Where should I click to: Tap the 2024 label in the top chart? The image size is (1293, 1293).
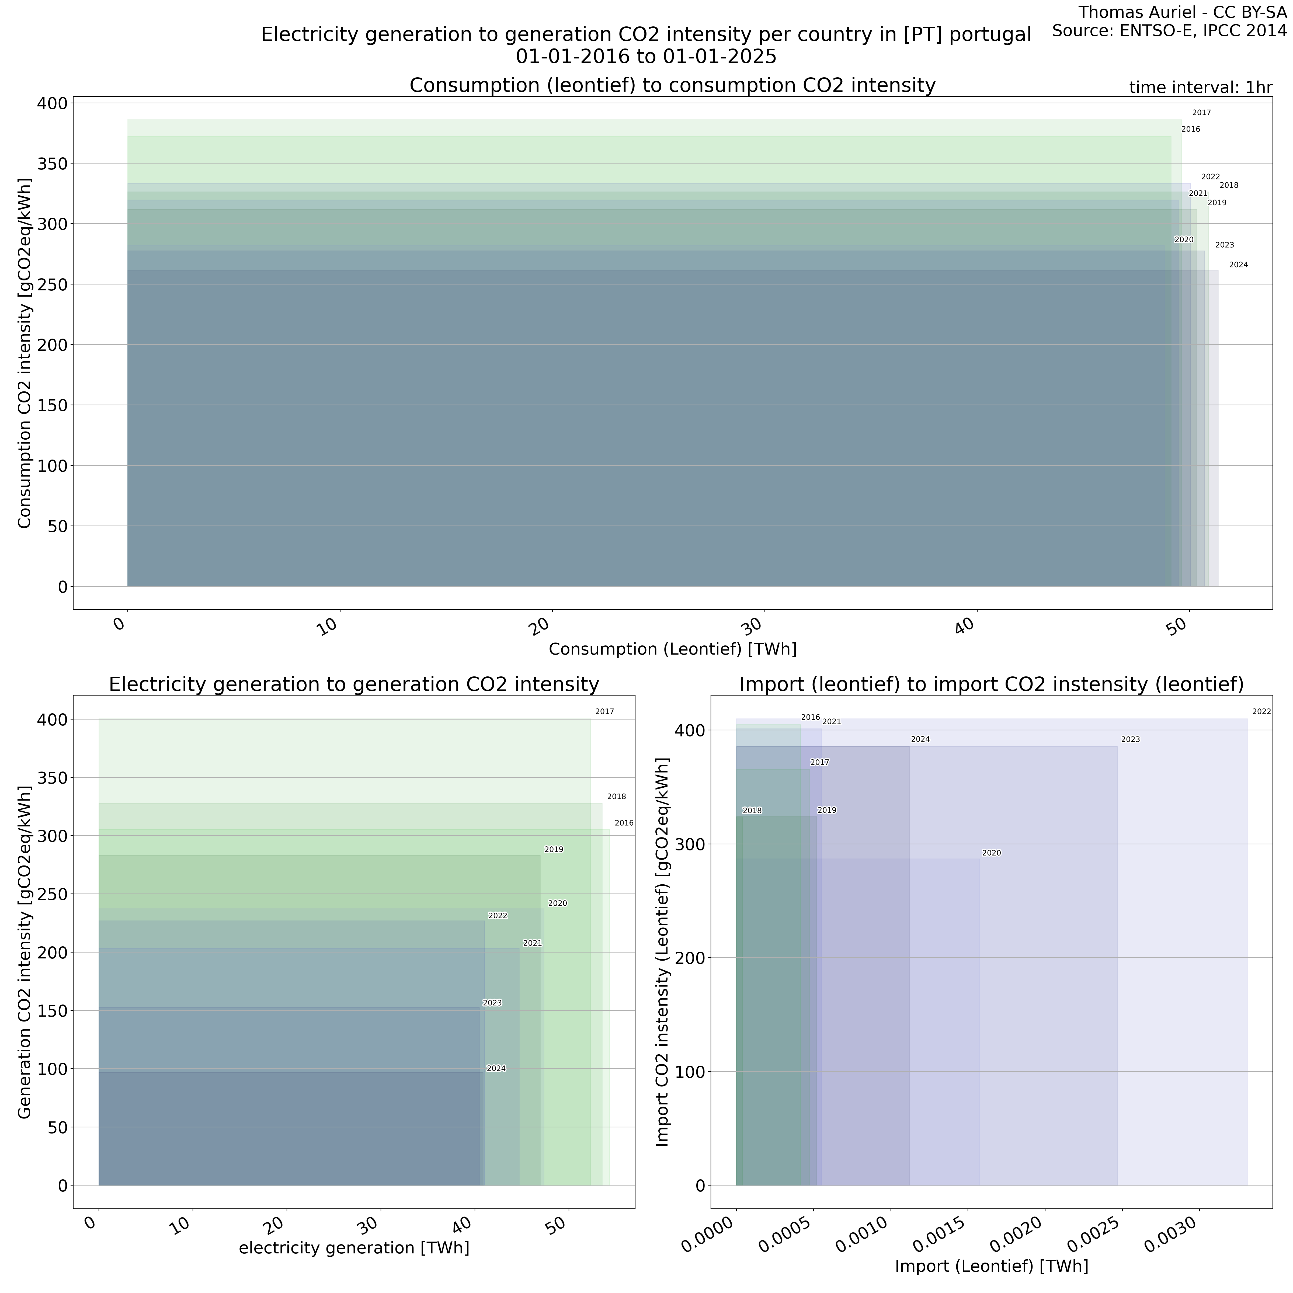(1238, 265)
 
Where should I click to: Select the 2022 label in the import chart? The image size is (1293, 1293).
(1261, 711)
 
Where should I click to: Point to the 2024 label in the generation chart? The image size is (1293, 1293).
(496, 1069)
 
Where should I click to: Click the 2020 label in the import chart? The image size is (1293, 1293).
(991, 853)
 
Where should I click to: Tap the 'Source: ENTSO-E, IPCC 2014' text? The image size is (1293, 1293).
(1169, 31)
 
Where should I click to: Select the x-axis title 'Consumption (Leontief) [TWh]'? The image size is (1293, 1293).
(673, 649)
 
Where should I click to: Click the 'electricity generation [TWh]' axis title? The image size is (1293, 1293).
(354, 1248)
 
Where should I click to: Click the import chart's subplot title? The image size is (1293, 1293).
(991, 685)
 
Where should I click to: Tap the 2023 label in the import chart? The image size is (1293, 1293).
(1130, 739)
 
